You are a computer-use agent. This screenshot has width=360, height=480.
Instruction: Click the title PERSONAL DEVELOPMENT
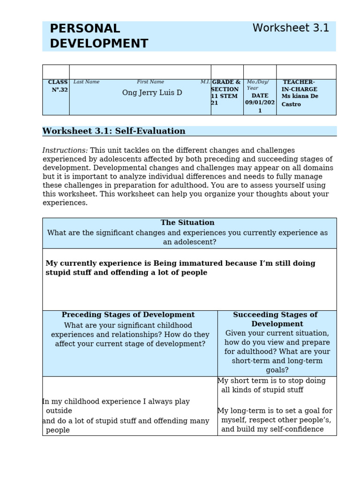99,36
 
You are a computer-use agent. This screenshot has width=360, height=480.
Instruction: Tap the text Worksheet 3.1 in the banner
291,28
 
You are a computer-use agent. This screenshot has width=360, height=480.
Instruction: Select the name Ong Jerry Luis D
152,93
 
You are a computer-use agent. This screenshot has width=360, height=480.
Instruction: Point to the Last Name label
86,82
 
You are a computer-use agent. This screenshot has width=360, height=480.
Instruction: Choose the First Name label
150,82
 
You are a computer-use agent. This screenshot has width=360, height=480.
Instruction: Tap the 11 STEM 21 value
224,99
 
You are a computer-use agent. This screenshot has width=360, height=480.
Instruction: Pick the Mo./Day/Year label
257,85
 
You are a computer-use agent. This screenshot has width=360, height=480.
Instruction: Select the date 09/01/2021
260,103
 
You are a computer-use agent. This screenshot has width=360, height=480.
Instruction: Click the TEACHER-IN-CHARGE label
299,86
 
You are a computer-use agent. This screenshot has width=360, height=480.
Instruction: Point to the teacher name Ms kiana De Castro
300,100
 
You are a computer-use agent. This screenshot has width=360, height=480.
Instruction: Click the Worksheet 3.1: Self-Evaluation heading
114,131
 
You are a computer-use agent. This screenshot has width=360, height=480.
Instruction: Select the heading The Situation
187,223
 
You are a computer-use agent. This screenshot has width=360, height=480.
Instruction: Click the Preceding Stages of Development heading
128,315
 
